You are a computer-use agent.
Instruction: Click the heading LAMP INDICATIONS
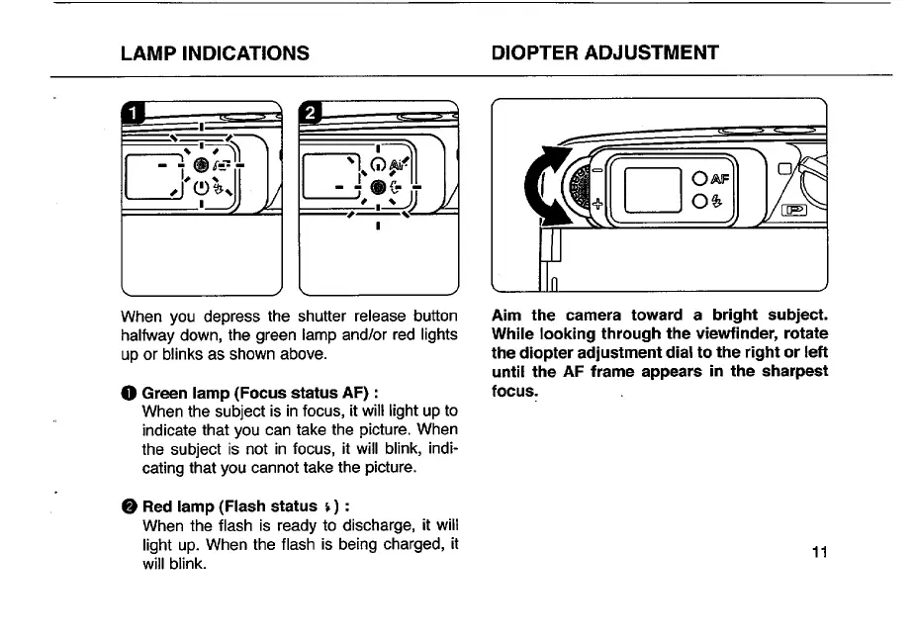(215, 52)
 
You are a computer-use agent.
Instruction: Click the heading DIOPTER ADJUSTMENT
(605, 52)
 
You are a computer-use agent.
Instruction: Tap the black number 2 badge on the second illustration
(311, 112)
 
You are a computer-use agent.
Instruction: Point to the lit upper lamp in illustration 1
(201, 165)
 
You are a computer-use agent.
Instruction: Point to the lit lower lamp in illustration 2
(377, 187)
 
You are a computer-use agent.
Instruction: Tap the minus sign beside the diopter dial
(595, 171)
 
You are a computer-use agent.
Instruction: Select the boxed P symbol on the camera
(794, 211)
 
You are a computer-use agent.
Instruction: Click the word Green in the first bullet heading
(165, 392)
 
